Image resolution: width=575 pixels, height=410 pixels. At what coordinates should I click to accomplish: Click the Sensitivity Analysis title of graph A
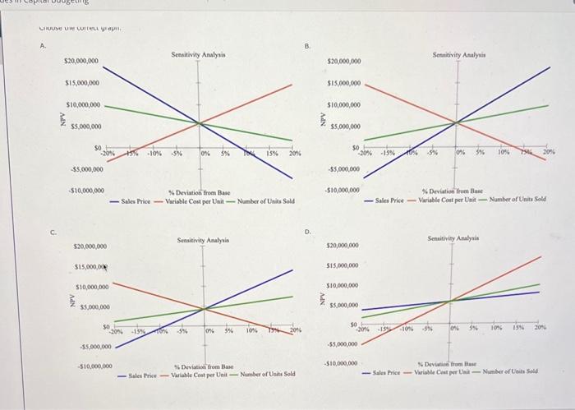click(x=198, y=54)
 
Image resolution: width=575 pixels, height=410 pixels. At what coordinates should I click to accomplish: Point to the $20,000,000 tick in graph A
click(x=81, y=62)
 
